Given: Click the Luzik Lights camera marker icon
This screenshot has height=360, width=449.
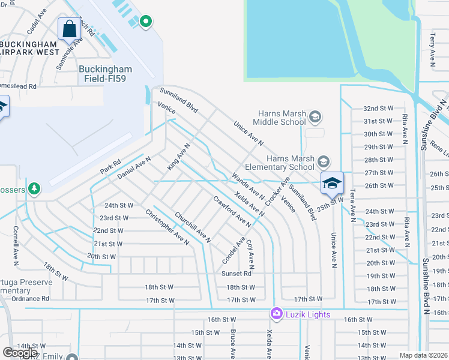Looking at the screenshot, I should click(x=276, y=314).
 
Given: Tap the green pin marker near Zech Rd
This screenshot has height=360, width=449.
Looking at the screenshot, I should click(x=145, y=22).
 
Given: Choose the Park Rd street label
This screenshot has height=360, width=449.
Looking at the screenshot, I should click(x=110, y=167).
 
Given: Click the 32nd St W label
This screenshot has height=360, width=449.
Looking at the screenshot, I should click(x=378, y=108).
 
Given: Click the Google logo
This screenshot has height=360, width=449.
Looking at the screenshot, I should click(x=20, y=353).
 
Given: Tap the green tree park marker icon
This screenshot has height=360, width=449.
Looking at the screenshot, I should click(x=34, y=189).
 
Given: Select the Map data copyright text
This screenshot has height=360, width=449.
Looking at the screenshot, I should click(x=424, y=355).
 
